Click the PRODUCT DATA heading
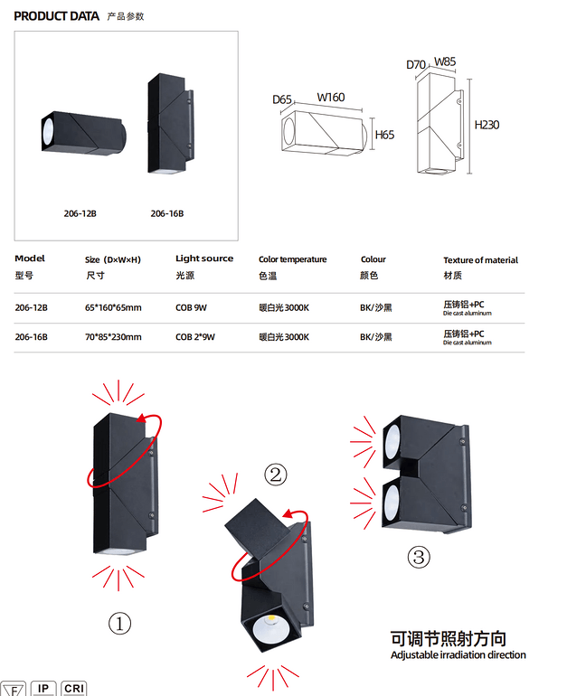(57, 16)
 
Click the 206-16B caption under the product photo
(167, 213)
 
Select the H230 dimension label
(487, 125)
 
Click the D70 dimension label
(416, 64)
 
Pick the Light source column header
(204, 259)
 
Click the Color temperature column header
(292, 259)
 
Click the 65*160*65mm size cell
(113, 307)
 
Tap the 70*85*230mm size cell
(113, 336)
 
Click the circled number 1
(120, 623)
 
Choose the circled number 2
(276, 474)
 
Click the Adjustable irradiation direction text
(458, 654)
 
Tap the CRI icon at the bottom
(74, 689)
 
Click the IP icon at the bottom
(43, 689)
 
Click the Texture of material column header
(480, 259)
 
